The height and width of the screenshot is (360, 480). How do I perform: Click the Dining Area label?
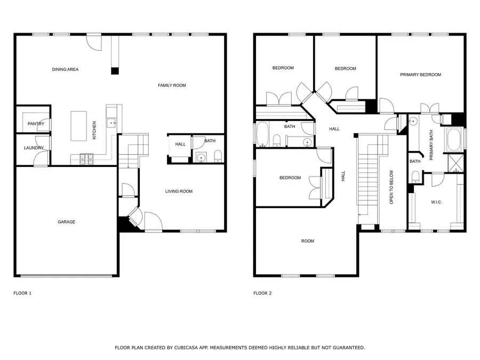65,69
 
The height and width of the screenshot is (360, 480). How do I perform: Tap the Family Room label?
172,85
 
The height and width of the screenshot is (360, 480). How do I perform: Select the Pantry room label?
36,124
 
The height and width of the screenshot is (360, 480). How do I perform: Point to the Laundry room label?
34,148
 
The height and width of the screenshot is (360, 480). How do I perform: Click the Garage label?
67,222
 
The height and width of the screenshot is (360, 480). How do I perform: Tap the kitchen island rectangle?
79,126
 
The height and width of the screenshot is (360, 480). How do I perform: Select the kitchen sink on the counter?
111,123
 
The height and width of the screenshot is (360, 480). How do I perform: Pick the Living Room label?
179,191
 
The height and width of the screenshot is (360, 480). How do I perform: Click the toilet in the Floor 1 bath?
217,156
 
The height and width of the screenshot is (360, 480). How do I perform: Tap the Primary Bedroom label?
420,75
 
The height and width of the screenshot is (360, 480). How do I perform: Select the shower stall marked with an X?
457,162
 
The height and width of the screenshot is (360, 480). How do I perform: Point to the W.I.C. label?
436,202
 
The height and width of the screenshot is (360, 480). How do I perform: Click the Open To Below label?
391,187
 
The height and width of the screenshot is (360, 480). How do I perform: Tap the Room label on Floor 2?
308,241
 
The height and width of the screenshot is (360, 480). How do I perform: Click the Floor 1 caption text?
22,293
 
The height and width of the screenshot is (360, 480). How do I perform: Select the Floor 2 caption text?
262,293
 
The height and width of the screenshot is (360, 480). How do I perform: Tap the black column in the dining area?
115,70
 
